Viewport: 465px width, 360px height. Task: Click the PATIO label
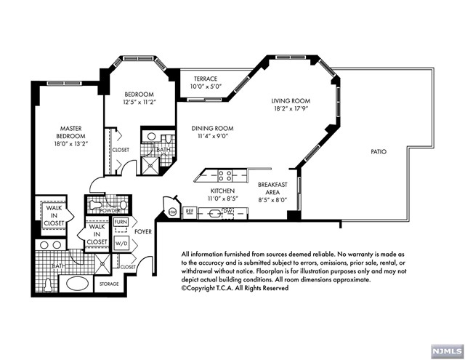[x=379, y=152]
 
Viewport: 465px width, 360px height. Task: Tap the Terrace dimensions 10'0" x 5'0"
[x=206, y=87]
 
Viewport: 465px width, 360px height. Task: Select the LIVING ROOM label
[x=291, y=101]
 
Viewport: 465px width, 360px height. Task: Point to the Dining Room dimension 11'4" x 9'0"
[x=212, y=137]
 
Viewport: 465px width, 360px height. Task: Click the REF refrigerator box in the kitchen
[x=190, y=212]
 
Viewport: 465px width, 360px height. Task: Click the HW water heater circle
[x=172, y=212]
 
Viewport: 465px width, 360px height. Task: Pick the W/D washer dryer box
[x=121, y=244]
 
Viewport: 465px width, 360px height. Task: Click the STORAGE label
[x=109, y=284]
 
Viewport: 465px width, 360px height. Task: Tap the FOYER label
[x=143, y=231]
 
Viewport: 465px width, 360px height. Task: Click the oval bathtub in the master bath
[x=78, y=284]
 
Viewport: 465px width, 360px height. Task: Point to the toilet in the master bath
[x=48, y=285]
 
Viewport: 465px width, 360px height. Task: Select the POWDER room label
[x=110, y=210]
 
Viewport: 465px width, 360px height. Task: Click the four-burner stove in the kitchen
[x=225, y=176]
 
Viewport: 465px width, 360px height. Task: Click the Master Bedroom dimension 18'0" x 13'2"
[x=70, y=145]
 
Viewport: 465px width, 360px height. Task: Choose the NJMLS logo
[x=447, y=351]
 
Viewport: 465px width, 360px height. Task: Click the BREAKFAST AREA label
[x=272, y=188]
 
